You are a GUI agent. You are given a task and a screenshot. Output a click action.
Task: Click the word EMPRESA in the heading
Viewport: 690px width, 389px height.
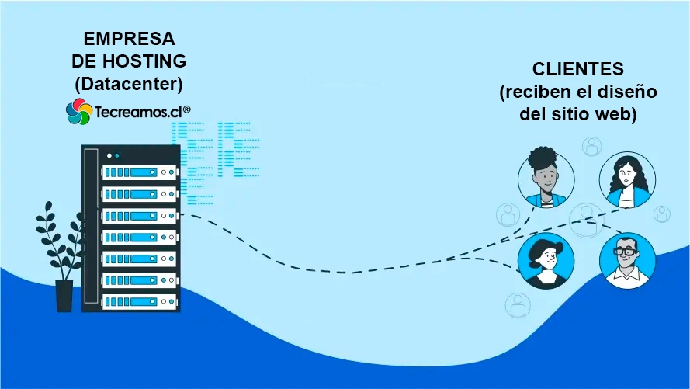tap(128, 39)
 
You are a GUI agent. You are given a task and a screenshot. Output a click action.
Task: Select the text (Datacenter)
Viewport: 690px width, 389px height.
tap(128, 82)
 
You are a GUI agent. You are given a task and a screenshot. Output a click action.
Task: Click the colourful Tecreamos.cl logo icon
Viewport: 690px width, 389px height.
tap(78, 112)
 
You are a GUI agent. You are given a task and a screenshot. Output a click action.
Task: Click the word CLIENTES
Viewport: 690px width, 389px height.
tap(578, 69)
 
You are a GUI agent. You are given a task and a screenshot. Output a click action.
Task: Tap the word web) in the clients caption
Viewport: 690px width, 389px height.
tap(618, 115)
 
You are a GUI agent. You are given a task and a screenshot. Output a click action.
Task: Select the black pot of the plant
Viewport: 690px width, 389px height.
tap(64, 296)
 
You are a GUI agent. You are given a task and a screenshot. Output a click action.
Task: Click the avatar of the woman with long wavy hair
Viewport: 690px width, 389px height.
tap(627, 179)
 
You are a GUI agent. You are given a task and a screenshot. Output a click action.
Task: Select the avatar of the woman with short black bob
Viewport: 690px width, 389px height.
tap(546, 260)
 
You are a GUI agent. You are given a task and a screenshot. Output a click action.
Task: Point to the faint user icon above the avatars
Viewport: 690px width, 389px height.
tap(592, 144)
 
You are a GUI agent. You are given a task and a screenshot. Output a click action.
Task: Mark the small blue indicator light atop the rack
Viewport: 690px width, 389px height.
tap(117, 155)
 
